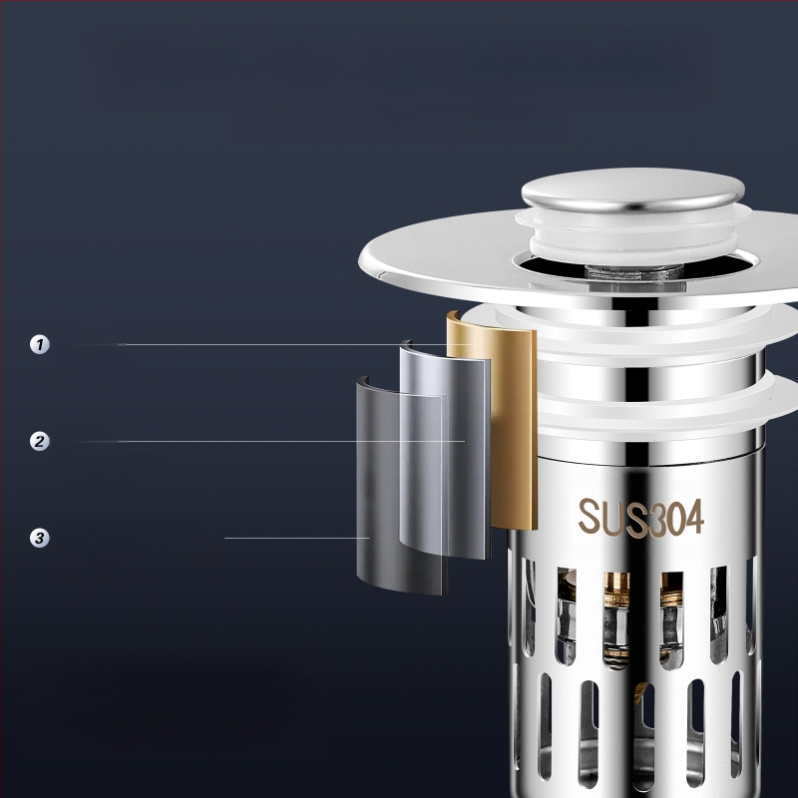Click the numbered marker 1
(40, 344)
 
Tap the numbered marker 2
(40, 441)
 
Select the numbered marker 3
(40, 538)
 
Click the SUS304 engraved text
(640, 517)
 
